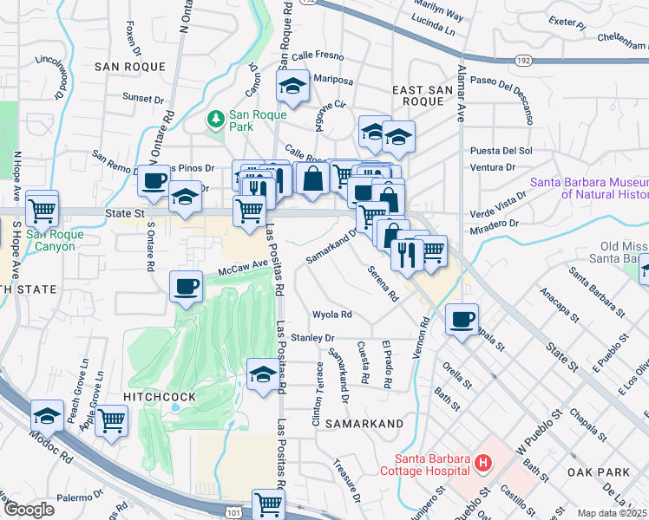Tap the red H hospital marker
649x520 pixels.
[x=482, y=465]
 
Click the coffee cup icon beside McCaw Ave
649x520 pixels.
[x=187, y=287]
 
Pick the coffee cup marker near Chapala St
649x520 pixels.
[x=462, y=318]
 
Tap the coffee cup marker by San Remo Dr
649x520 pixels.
[x=154, y=180]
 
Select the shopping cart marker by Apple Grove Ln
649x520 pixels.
[x=112, y=421]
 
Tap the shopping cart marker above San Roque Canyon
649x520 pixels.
[x=42, y=208]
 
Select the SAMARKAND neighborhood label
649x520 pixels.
[x=364, y=423]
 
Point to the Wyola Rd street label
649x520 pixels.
[x=333, y=315]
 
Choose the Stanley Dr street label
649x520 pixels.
[x=313, y=337]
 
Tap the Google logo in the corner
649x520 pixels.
[x=29, y=510]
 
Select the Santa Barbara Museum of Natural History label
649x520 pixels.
[x=588, y=189]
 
